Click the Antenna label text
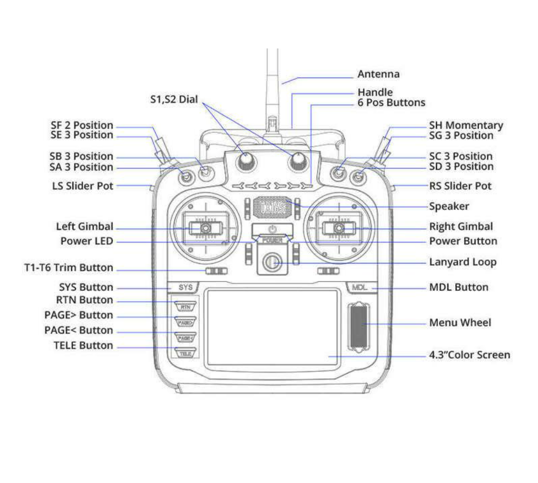[x=378, y=74]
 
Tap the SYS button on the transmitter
[x=185, y=287]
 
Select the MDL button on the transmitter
[x=359, y=287]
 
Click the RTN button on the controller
[x=186, y=307]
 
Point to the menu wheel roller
[x=359, y=325]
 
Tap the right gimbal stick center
[x=339, y=228]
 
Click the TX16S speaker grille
[x=272, y=207]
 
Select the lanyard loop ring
[x=272, y=264]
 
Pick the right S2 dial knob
[x=298, y=162]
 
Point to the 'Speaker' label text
[x=449, y=206]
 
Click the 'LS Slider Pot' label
[x=82, y=186]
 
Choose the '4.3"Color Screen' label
[x=469, y=355]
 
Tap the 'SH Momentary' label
[x=466, y=126]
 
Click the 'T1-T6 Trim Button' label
[x=68, y=268]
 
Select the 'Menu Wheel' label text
[x=460, y=323]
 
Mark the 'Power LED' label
[x=87, y=241]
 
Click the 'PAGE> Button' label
[x=78, y=315]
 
